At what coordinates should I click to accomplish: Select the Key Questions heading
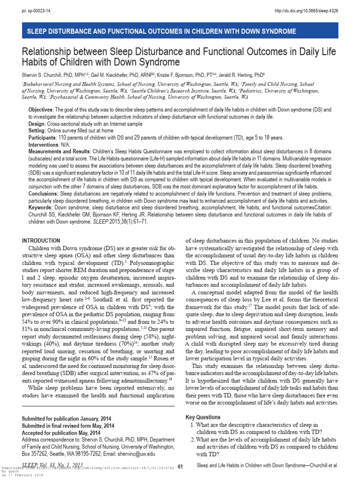[x=203, y=417]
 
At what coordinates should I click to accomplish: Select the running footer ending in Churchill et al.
[x=267, y=466]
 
